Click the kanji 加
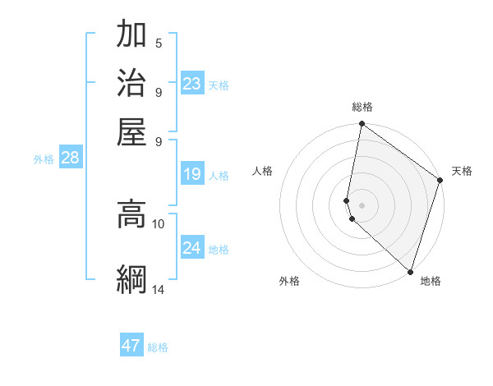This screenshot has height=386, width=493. point(131,35)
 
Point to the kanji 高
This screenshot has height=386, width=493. point(131,214)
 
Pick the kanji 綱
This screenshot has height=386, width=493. point(131,279)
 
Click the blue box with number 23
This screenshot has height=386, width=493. point(192,84)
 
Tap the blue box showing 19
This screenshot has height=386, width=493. point(192,174)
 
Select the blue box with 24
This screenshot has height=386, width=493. point(192,248)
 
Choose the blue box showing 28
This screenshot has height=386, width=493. point(70,159)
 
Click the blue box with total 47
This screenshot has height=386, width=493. point(131,346)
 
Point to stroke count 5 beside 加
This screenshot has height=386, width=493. point(159,44)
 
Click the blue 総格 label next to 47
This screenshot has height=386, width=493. point(158,347)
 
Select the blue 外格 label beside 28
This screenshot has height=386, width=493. point(44,160)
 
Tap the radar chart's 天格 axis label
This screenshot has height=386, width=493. point(462,171)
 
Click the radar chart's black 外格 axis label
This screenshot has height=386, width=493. point(289,282)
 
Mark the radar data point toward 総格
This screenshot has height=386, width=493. point(362,125)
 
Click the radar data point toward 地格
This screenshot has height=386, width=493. point(410,271)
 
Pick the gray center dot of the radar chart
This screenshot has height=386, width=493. point(362,204)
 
